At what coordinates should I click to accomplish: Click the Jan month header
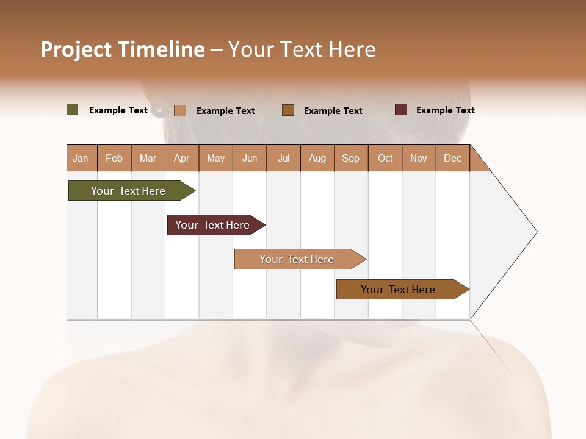tap(81, 159)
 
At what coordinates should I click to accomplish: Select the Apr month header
tap(182, 159)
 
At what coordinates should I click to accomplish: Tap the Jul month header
tap(283, 159)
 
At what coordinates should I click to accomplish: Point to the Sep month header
tap(350, 159)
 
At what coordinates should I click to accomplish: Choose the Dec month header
tap(452, 159)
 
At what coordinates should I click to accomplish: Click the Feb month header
tap(114, 159)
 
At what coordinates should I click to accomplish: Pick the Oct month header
tap(385, 159)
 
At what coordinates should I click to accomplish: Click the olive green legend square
tap(73, 110)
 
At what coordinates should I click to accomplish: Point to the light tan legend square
tap(180, 110)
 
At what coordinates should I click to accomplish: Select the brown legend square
tap(288, 110)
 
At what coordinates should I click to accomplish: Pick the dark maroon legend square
tap(401, 110)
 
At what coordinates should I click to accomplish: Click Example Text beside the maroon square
tap(445, 110)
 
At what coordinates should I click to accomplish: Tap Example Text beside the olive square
tap(118, 110)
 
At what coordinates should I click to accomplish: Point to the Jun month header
tap(250, 159)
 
